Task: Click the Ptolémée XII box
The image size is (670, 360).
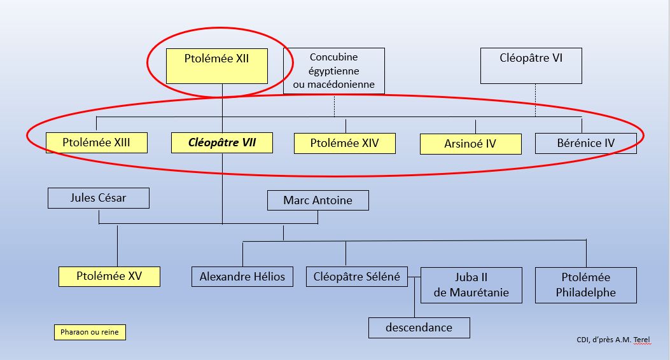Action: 216,66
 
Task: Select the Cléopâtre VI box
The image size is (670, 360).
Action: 531,66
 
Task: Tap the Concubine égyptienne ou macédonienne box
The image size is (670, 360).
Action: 333,71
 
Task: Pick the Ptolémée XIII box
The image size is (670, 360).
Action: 96,142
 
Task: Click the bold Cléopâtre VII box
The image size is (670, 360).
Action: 222,142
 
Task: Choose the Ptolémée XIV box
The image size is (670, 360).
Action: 344,143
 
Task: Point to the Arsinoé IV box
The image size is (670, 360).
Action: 470,144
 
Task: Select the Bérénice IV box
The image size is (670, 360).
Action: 585,143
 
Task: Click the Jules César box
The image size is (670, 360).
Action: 98,198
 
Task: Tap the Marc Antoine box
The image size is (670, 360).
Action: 318,200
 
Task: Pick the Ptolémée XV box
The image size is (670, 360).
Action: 109,276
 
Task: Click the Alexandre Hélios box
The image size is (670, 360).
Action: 242,276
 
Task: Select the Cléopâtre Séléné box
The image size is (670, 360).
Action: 356,276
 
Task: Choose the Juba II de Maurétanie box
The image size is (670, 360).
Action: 471,285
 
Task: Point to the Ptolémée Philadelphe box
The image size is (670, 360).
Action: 585,285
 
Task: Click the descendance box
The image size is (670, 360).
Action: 419,328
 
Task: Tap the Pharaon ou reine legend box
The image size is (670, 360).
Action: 90,332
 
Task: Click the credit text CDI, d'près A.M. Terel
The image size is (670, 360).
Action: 615,340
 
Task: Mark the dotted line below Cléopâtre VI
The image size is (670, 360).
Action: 535,100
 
